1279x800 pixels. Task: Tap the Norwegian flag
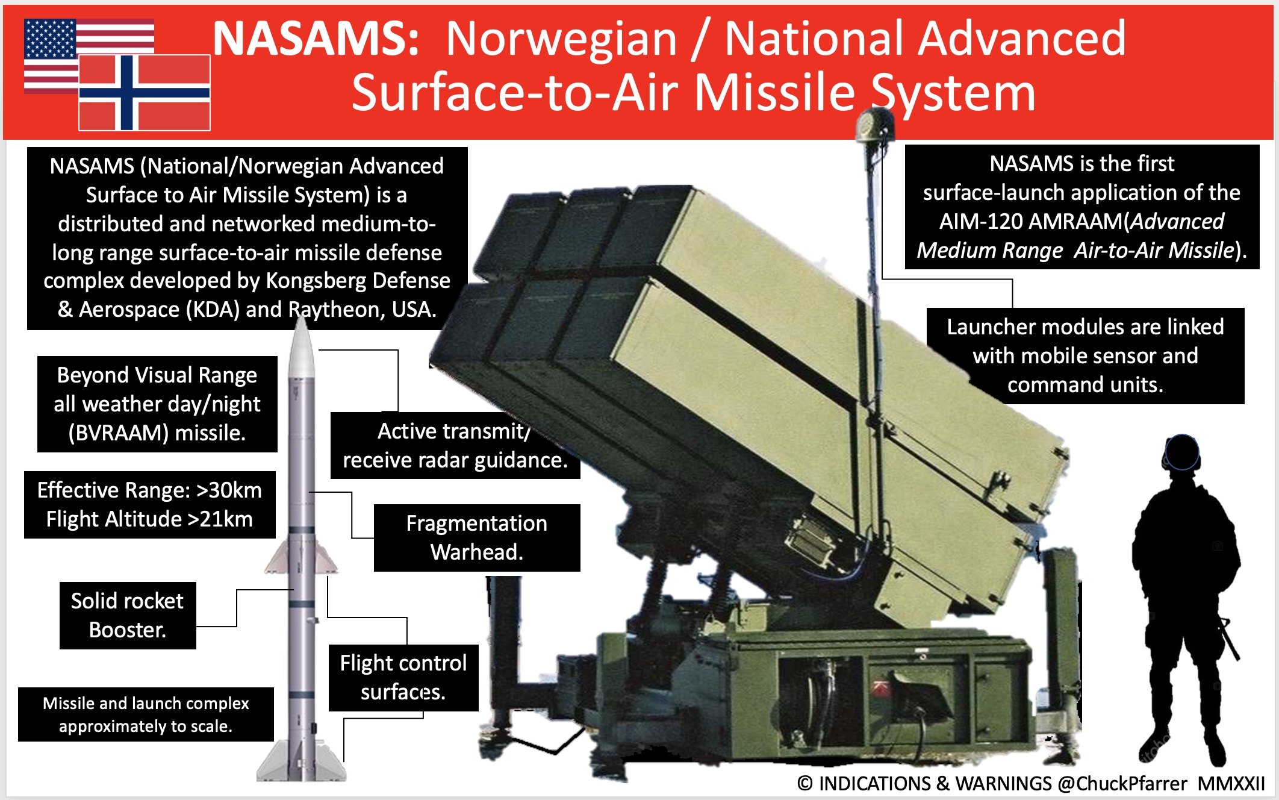pyautogui.click(x=145, y=93)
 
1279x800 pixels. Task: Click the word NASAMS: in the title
pyautogui.click(x=316, y=39)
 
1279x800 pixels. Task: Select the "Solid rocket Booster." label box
pyautogui.click(x=128, y=615)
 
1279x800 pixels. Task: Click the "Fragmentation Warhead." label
pyautogui.click(x=476, y=537)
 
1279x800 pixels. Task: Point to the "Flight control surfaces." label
pyautogui.click(x=403, y=677)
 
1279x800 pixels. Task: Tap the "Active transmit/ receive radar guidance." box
pyautogui.click(x=455, y=446)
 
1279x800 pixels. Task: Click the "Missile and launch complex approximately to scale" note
pyautogui.click(x=146, y=714)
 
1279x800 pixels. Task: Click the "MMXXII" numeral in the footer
pyautogui.click(x=1231, y=784)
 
